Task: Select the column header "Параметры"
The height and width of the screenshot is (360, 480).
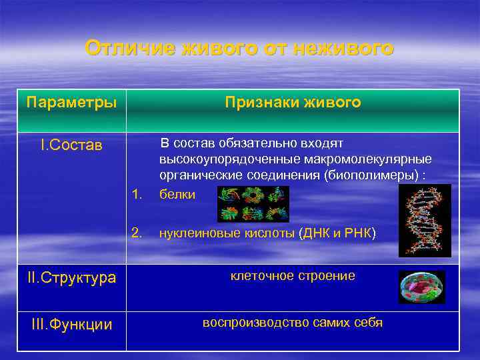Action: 71,103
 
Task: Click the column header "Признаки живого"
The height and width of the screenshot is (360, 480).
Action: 293,102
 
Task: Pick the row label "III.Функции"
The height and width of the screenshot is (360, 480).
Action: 71,325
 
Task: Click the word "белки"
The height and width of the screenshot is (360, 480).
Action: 177,194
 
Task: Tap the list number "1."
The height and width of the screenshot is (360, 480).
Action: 138,194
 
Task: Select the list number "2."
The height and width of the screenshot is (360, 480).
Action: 138,233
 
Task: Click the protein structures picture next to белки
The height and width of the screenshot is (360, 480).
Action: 253,203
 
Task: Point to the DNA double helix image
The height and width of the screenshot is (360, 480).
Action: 425,220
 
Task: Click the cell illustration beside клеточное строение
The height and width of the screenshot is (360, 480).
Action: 421,287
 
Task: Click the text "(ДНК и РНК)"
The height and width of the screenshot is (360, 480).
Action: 337,233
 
